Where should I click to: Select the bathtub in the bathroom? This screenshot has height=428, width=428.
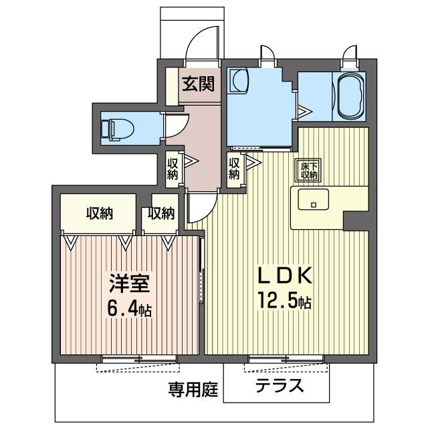[349, 95]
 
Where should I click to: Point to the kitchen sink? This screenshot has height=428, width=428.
[311, 199]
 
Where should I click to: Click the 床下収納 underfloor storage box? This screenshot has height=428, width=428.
[308, 170]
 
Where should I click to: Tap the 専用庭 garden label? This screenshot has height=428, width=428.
[193, 390]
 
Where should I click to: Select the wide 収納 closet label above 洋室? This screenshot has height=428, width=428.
[99, 213]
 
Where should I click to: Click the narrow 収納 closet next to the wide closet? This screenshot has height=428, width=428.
[160, 213]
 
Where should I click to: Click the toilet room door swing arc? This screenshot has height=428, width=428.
[176, 126]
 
